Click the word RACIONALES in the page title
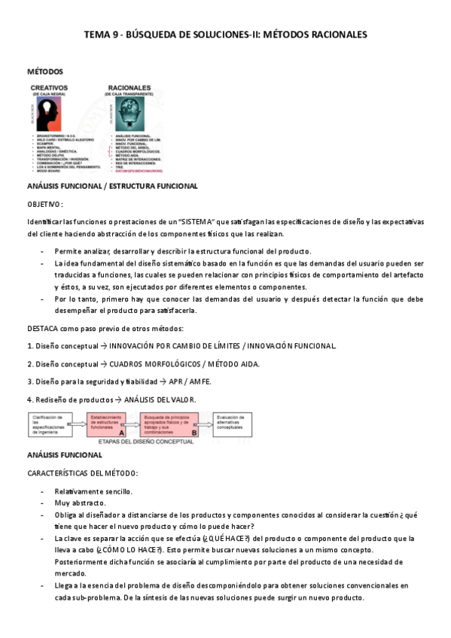[333, 35]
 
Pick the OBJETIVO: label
[45, 204]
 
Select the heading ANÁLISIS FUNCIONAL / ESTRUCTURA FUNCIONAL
[112, 186]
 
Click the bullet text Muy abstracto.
[80, 503]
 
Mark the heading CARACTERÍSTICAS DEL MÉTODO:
[82, 472]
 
